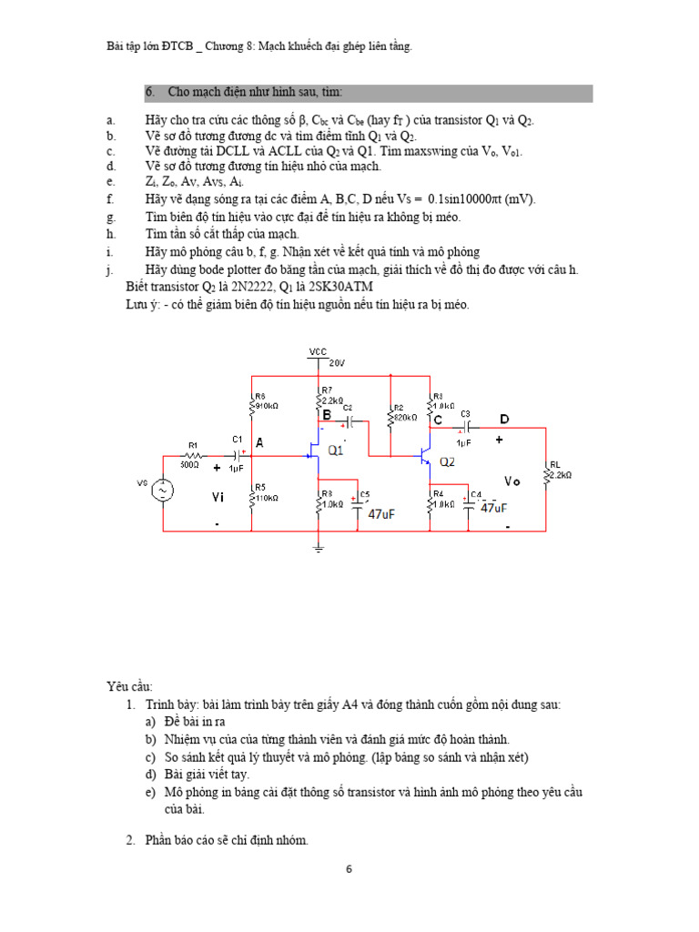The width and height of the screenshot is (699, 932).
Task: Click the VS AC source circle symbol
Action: point(164,491)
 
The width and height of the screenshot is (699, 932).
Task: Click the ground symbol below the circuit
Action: point(318,547)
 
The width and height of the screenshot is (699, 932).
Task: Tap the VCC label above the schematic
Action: point(318,350)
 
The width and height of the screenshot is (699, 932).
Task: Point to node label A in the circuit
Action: point(259,443)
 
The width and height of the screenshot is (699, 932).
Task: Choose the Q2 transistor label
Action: point(447,462)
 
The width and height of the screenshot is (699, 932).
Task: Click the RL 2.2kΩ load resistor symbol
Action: point(546,474)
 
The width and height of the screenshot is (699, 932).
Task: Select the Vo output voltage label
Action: point(513,481)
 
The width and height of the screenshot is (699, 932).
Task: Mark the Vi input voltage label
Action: point(218,497)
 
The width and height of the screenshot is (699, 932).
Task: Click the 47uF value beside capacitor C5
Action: point(381,514)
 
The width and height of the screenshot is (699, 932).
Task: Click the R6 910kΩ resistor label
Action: point(266,400)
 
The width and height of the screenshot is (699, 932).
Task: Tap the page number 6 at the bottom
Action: point(349,869)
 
